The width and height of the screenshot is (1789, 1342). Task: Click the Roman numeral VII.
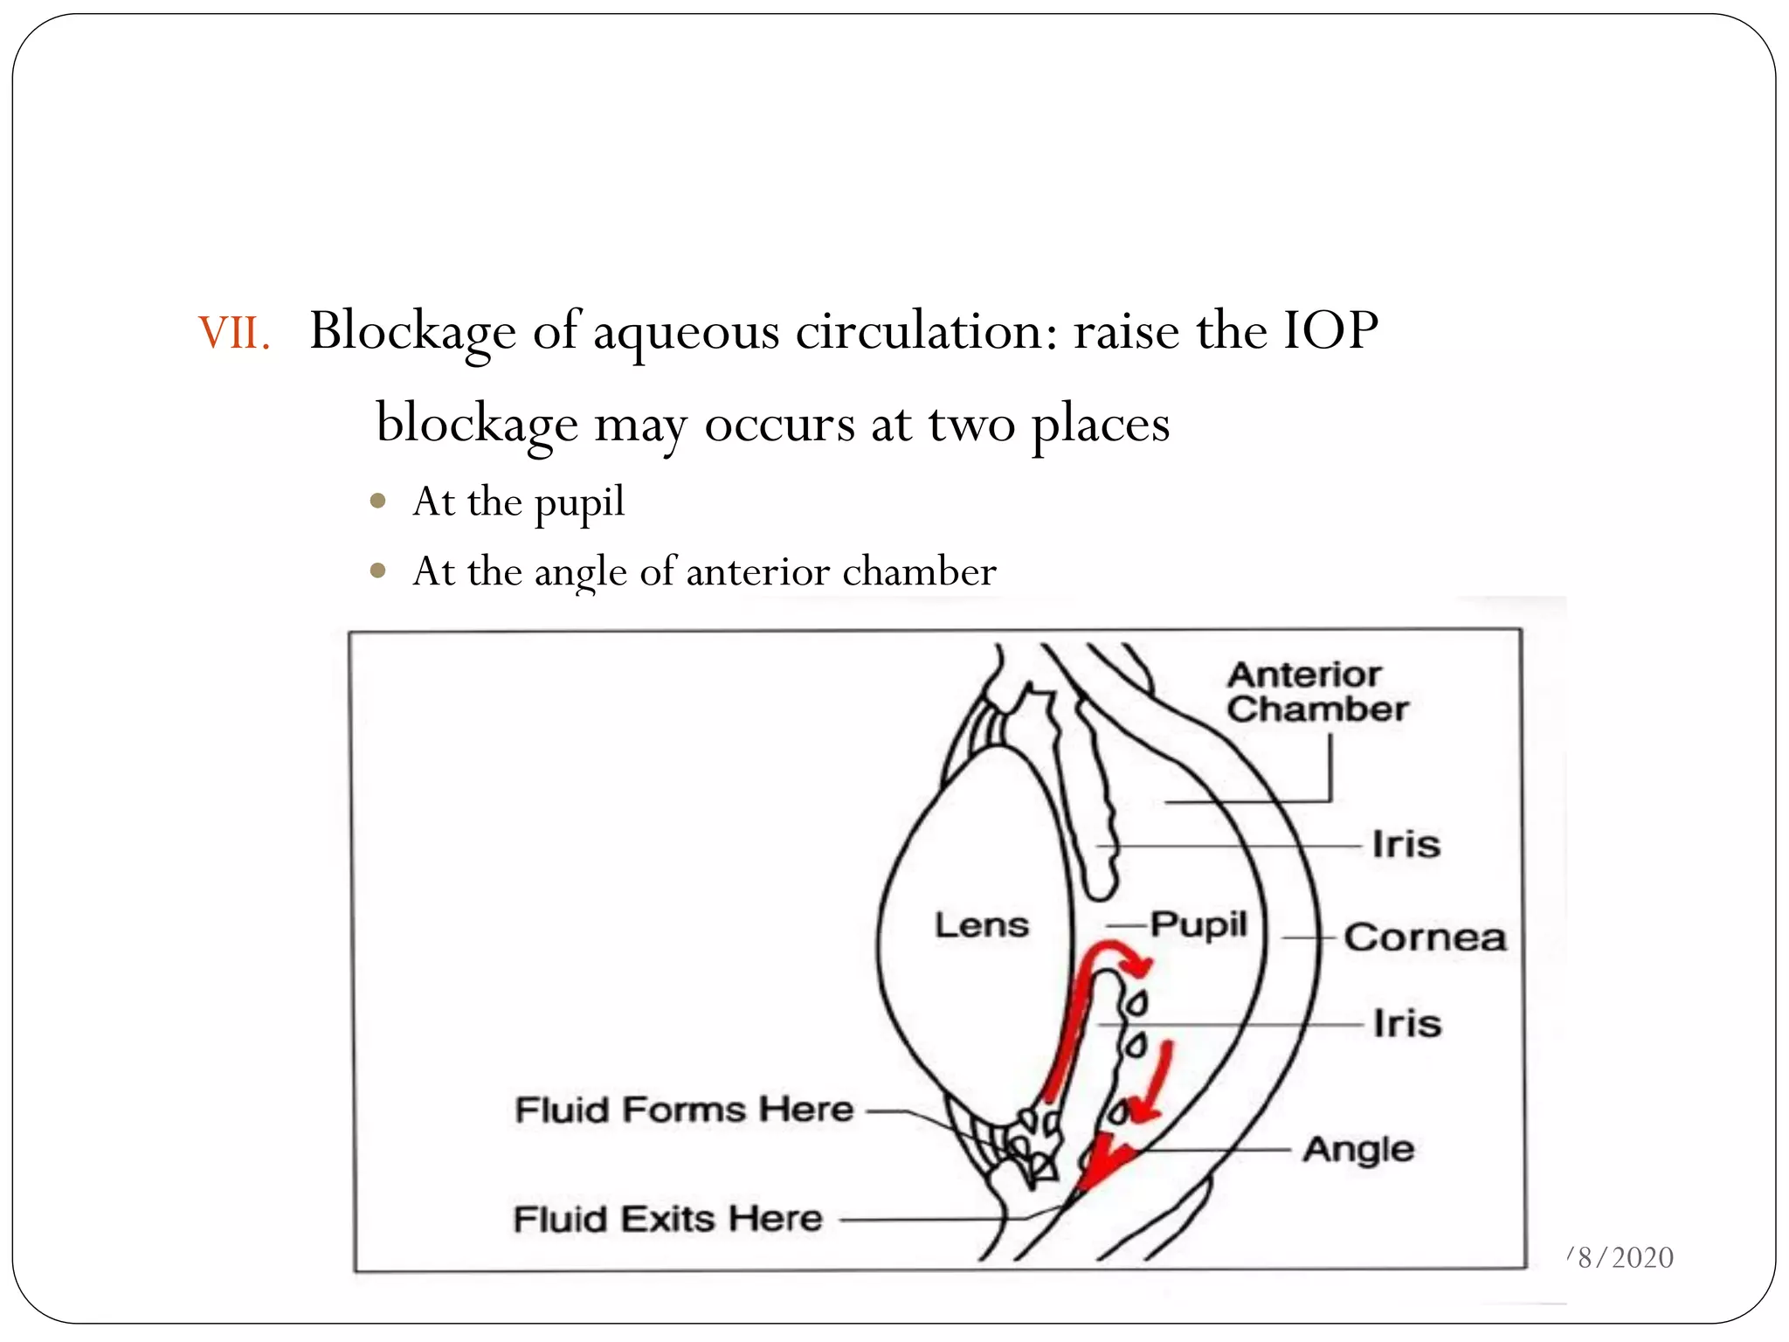click(x=232, y=334)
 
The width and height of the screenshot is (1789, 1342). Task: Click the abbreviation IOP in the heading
click(x=1330, y=331)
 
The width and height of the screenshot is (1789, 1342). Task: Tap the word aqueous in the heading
click(x=686, y=334)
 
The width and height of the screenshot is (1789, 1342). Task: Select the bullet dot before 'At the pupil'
click(x=378, y=502)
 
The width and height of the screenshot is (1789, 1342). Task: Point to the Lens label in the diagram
click(x=982, y=925)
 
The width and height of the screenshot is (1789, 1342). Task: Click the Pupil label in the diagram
click(x=1198, y=925)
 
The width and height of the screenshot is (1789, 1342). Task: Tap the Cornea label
click(x=1425, y=937)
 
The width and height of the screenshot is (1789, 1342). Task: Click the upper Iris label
click(x=1406, y=845)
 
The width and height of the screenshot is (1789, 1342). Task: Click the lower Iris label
click(x=1406, y=1023)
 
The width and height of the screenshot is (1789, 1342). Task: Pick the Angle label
click(x=1358, y=1150)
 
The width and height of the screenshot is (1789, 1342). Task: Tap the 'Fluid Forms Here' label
click(x=684, y=1110)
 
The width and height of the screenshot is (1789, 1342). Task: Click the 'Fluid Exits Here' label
click(x=667, y=1219)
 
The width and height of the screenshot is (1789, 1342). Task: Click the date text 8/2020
click(x=1625, y=1257)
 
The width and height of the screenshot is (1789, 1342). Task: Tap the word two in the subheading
click(x=970, y=425)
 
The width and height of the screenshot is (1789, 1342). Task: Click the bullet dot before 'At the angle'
click(x=378, y=571)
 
